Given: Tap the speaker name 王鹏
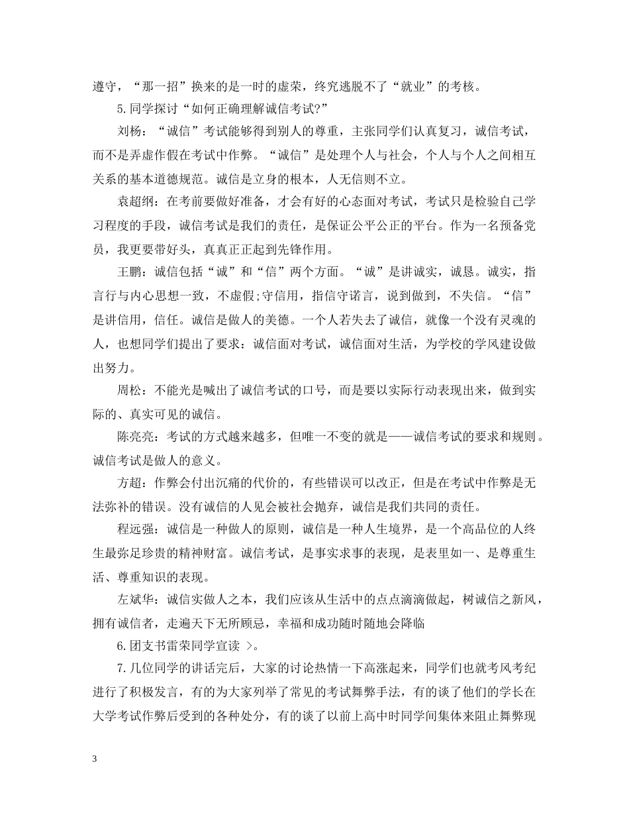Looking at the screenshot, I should click(x=130, y=271).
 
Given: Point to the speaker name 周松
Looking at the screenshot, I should click(x=130, y=391).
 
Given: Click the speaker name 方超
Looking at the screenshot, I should click(x=130, y=483).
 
